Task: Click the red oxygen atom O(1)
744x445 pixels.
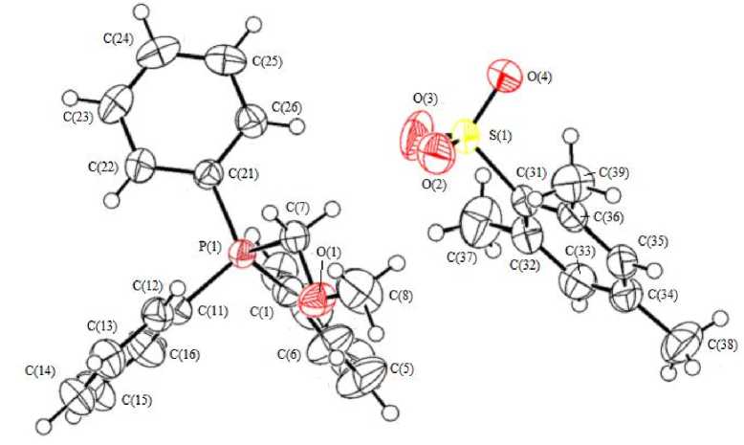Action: [312, 302]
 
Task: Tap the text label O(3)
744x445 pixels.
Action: [426, 97]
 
